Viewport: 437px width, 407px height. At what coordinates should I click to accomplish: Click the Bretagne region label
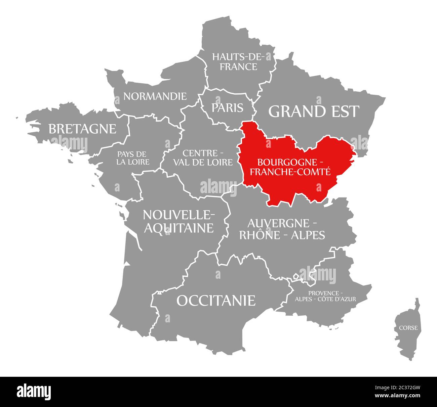[x=82, y=129]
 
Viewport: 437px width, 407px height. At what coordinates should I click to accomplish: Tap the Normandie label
[x=155, y=96]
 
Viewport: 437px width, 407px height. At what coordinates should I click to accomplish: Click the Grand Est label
[x=314, y=111]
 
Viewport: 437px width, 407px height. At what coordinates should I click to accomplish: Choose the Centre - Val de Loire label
[x=203, y=158]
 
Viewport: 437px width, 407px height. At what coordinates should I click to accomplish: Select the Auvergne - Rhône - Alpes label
[x=282, y=229]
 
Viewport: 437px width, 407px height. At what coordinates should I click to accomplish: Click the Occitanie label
[x=216, y=300]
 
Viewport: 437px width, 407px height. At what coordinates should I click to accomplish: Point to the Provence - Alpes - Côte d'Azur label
[x=325, y=296]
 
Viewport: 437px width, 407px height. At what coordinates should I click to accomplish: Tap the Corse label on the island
[x=408, y=328]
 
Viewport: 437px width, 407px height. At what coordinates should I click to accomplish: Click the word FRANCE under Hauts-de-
[x=239, y=66]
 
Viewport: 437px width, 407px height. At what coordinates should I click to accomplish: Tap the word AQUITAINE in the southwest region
[x=179, y=228]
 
